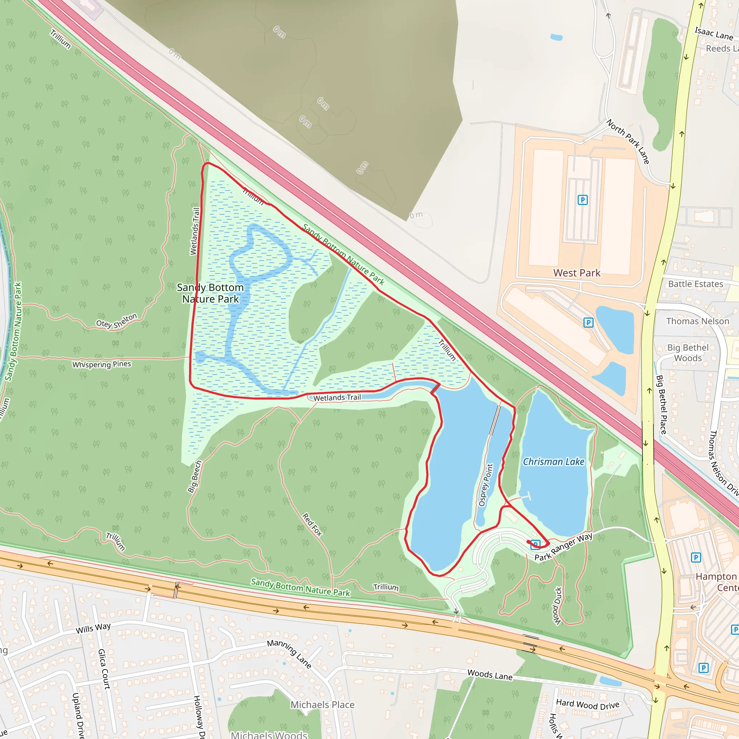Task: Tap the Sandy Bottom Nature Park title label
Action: coord(210,293)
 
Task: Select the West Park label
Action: coord(577,273)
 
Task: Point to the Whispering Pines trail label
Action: coord(102,364)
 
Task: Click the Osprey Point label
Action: coord(486,485)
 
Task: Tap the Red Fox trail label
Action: coord(312,525)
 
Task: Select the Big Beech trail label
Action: coord(195,477)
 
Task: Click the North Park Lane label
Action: coord(628,141)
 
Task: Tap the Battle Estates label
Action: coord(695,284)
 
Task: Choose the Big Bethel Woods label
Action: coord(688,353)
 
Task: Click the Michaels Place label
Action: coord(323,705)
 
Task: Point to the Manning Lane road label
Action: coord(289,654)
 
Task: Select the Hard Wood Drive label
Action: coord(587,704)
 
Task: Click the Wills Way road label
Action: coord(93,628)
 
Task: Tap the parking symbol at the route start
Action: coord(535,544)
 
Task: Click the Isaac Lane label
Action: coord(714,34)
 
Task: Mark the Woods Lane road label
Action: coord(490,675)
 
